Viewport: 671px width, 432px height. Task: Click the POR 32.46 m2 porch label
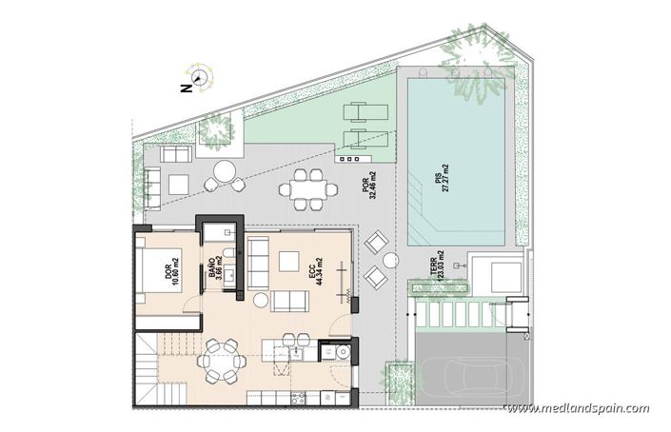pyautogui.click(x=370, y=184)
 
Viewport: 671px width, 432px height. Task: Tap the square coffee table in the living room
pyautogui.click(x=290, y=261)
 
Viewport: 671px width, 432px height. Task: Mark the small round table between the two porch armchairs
pyautogui.click(x=389, y=260)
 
